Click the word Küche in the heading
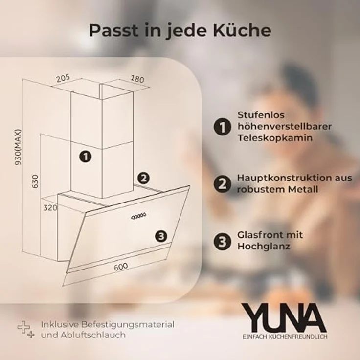tap(242, 30)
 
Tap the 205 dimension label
tap(64, 78)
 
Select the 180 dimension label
tap(137, 79)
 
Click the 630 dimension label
tap(35, 181)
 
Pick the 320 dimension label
tap(50, 208)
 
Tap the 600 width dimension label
tap(121, 266)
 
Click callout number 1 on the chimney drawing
tap(86, 157)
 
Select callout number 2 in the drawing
tap(143, 179)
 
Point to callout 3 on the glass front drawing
tap(161, 236)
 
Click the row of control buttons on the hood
tap(138, 216)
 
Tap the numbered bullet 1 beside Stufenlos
tap(222, 127)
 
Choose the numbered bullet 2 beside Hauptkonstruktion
tap(222, 184)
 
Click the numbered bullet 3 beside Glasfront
tap(222, 241)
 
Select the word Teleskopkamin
tap(275, 138)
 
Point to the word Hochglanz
tap(264, 247)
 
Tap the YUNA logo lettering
tap(284, 318)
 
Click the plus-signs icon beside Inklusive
tap(26, 330)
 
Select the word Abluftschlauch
tap(93, 335)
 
